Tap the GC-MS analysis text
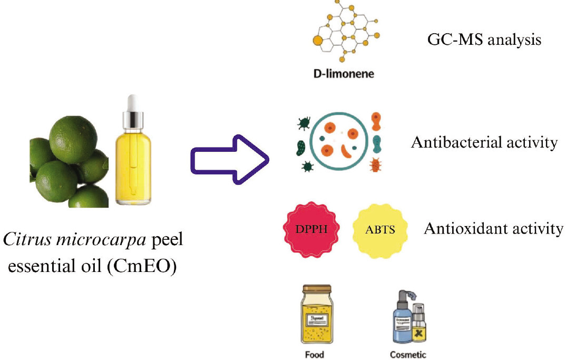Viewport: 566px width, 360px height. point(483,40)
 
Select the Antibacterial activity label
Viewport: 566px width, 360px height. point(483,142)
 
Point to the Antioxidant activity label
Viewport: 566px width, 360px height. point(493,229)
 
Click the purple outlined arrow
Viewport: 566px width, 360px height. point(228,158)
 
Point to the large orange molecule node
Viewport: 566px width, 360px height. point(318,40)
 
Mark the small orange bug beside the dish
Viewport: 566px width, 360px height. point(376,166)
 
